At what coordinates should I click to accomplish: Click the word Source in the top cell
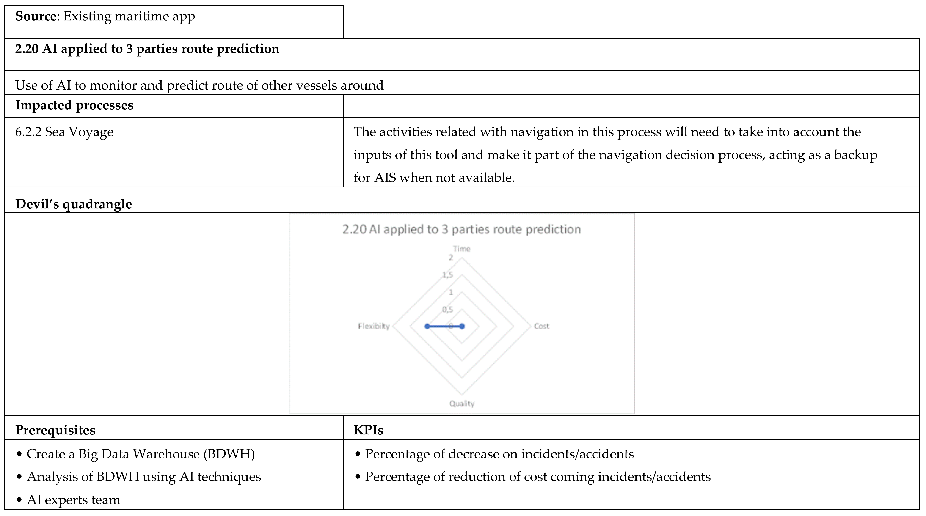pos(36,16)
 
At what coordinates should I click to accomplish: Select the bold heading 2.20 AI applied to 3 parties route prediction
pos(147,49)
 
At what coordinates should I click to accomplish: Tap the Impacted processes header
pos(74,105)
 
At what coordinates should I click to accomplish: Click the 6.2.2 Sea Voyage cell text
pos(64,132)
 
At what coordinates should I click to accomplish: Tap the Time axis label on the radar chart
pos(462,249)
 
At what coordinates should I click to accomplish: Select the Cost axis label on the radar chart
pos(541,326)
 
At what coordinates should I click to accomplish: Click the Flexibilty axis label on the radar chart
pos(373,326)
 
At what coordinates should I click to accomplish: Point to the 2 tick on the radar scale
pos(450,258)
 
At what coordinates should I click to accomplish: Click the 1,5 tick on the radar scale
pos(448,275)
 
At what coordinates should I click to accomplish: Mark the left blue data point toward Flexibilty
pos(427,326)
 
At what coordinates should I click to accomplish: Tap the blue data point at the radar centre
pos(462,326)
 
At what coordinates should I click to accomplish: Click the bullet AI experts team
pos(73,500)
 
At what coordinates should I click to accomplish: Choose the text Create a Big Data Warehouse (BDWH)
pos(141,454)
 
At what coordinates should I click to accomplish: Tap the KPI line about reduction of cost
pos(537,477)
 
